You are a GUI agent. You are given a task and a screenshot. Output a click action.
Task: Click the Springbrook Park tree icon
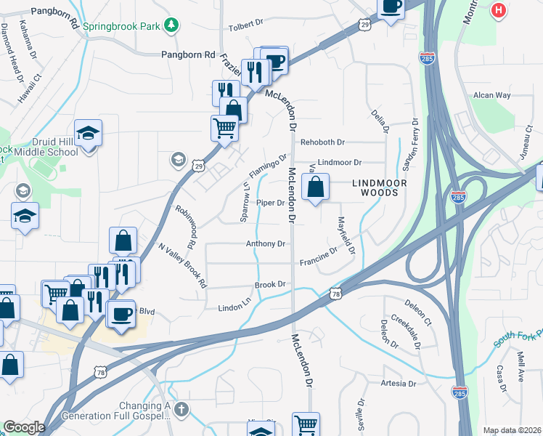point(171,26)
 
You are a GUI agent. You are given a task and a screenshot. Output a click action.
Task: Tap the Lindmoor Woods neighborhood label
point(375,187)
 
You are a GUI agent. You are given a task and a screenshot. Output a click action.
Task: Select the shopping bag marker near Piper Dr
point(316,187)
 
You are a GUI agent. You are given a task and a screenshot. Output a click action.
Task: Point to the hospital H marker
point(498,11)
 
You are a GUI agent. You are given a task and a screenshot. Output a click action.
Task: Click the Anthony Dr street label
point(265,244)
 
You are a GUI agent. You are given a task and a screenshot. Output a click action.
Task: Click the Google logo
point(24,427)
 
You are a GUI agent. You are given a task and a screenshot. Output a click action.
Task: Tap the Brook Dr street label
point(269,285)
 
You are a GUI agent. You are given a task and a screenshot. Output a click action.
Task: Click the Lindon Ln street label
point(235,308)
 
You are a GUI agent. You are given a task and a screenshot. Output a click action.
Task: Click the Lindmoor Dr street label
point(340,163)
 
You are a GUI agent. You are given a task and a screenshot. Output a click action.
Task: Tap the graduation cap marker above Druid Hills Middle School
point(89,133)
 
